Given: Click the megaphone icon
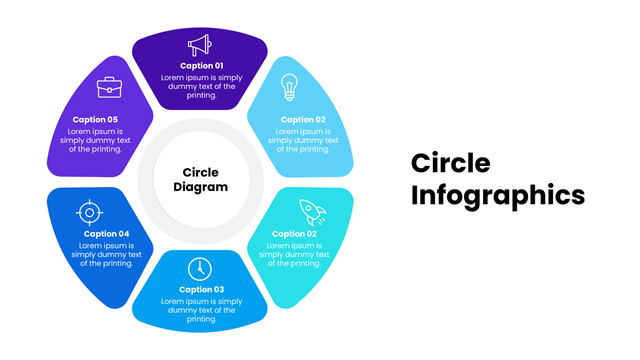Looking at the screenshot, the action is [x=200, y=45].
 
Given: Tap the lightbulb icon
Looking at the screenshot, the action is [x=289, y=87].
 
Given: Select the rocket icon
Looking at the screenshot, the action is [x=313, y=212].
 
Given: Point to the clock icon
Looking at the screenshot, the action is [x=200, y=269].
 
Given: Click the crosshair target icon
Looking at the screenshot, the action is [x=89, y=213].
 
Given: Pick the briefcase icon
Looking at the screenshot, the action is [x=109, y=87].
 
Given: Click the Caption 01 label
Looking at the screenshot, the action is [x=202, y=66].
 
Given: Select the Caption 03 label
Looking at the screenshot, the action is [x=202, y=289].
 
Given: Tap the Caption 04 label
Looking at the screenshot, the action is [x=107, y=234].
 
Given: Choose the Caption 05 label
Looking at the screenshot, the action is [x=95, y=120].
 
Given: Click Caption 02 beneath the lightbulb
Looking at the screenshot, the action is [x=303, y=120].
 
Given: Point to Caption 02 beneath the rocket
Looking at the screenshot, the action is [x=294, y=234].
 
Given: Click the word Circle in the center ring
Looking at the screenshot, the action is [x=200, y=172].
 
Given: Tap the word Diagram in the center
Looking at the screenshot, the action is [x=200, y=187].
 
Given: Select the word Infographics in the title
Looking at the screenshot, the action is [x=498, y=196].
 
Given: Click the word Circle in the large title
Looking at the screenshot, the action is [x=451, y=163].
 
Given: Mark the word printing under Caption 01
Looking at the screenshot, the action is [x=202, y=95].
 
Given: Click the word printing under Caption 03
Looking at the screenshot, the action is [x=202, y=319].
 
